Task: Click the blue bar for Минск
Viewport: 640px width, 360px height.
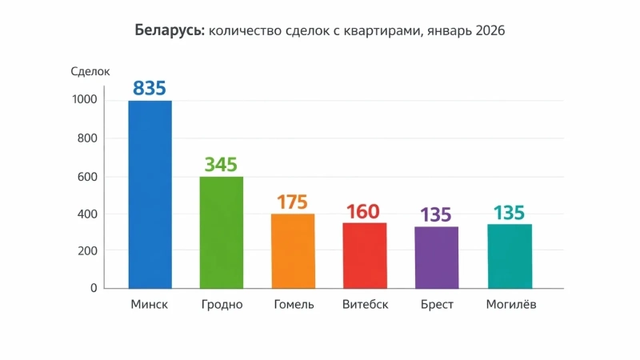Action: click(x=150, y=194)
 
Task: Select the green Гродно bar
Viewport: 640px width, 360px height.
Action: click(x=221, y=232)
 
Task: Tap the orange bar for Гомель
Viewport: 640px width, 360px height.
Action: click(x=293, y=250)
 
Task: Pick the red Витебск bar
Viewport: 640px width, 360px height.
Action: click(x=364, y=255)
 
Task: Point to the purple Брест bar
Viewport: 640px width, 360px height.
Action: click(x=436, y=257)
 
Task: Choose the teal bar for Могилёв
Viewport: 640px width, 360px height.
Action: click(x=509, y=256)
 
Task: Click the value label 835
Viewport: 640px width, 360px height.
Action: click(x=150, y=88)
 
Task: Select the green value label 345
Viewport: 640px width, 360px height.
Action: click(x=221, y=165)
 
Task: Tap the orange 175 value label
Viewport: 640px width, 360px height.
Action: click(x=292, y=202)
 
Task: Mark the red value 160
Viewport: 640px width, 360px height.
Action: click(x=364, y=212)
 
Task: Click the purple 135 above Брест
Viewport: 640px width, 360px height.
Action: click(x=436, y=215)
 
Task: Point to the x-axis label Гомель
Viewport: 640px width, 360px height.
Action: click(x=294, y=305)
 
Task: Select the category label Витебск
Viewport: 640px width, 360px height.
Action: click(x=365, y=305)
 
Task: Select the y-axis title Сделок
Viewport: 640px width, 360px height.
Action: click(x=90, y=72)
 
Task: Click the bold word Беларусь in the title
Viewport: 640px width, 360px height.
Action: click(x=170, y=31)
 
